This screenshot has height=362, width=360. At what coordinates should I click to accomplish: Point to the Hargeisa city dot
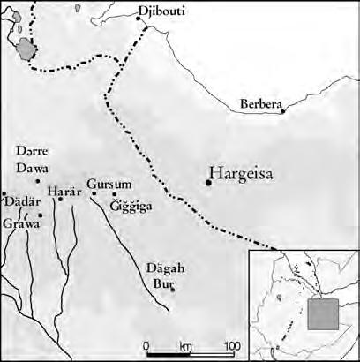pyautogui.click(x=208, y=183)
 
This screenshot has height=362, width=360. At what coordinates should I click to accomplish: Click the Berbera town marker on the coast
pyautogui.click(x=282, y=111)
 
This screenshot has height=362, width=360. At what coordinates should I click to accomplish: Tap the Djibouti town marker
pyautogui.click(x=147, y=19)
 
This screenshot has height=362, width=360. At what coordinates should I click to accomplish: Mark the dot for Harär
pyautogui.click(x=60, y=200)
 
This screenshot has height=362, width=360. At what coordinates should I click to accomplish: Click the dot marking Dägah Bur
pyautogui.click(x=173, y=288)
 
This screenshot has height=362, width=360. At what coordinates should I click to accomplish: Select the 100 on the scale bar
pyautogui.click(x=230, y=344)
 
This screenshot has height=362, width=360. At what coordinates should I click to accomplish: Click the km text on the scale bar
pyautogui.click(x=186, y=344)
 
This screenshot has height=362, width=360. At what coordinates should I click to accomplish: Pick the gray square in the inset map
pyautogui.click(x=322, y=314)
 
